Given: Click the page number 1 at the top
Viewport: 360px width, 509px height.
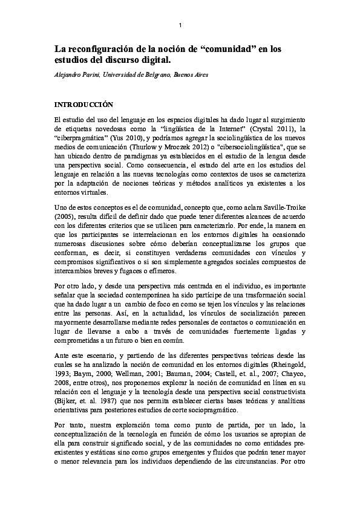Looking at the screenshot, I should [x=180, y=25].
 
